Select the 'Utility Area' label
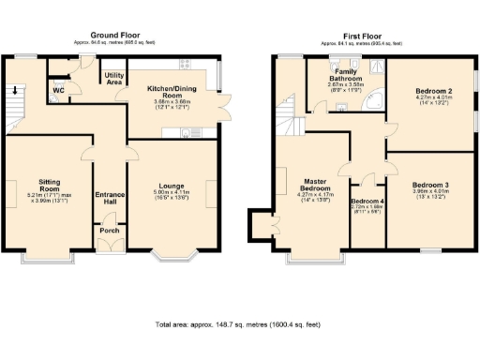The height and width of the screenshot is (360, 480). click(x=114, y=79)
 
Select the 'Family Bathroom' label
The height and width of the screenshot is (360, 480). click(x=352, y=75)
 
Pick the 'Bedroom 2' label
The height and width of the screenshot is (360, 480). click(x=433, y=91)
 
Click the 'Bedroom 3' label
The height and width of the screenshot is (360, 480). click(x=433, y=185)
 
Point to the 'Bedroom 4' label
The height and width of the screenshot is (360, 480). click(x=366, y=202)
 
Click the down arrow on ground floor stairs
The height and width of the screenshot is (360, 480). click(x=13, y=91)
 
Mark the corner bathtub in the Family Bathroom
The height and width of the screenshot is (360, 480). click(x=376, y=98)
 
